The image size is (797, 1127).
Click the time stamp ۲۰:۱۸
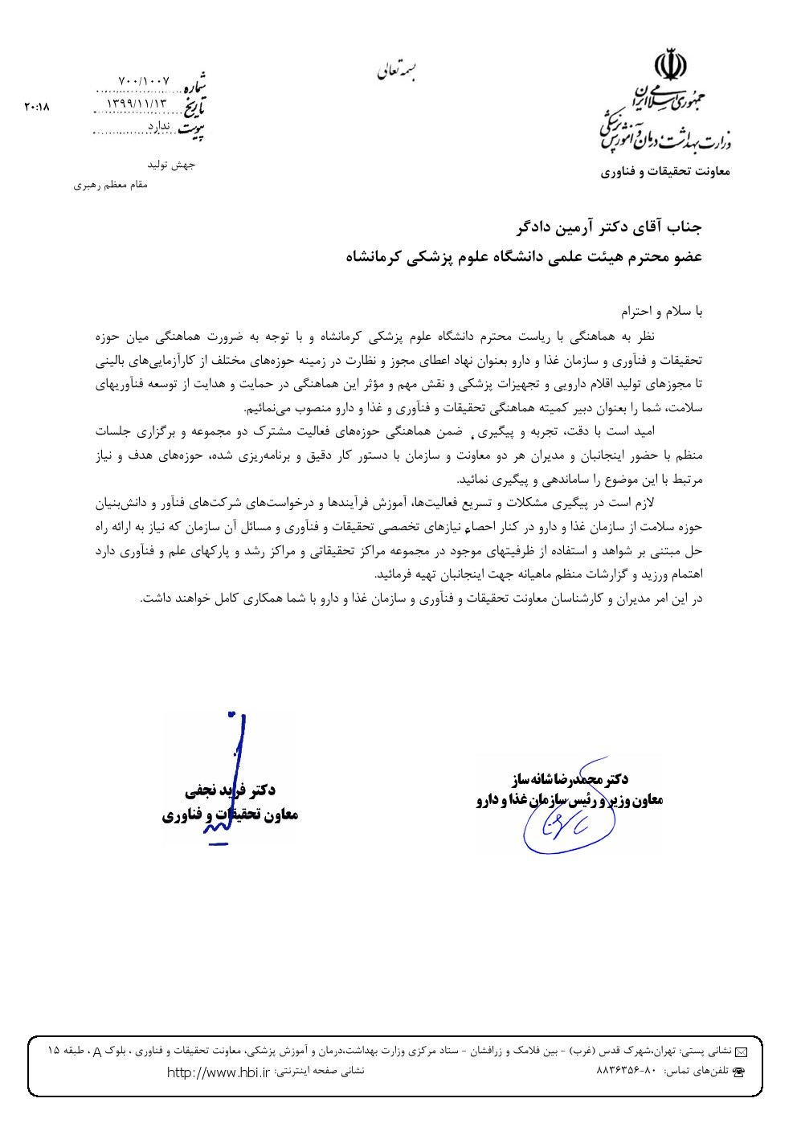(37, 105)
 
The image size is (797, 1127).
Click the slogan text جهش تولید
(170, 165)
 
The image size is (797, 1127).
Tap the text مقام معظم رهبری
(111, 186)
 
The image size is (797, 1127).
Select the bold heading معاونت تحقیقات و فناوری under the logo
(666, 171)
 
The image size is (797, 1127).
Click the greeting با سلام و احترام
(661, 310)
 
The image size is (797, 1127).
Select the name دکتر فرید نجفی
(230, 791)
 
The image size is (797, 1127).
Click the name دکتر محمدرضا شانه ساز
(571, 778)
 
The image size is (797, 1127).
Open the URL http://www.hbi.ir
(218, 1072)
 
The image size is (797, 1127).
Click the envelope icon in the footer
(741, 1051)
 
